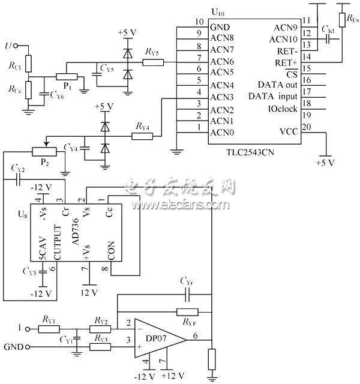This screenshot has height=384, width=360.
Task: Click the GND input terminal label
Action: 13,347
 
